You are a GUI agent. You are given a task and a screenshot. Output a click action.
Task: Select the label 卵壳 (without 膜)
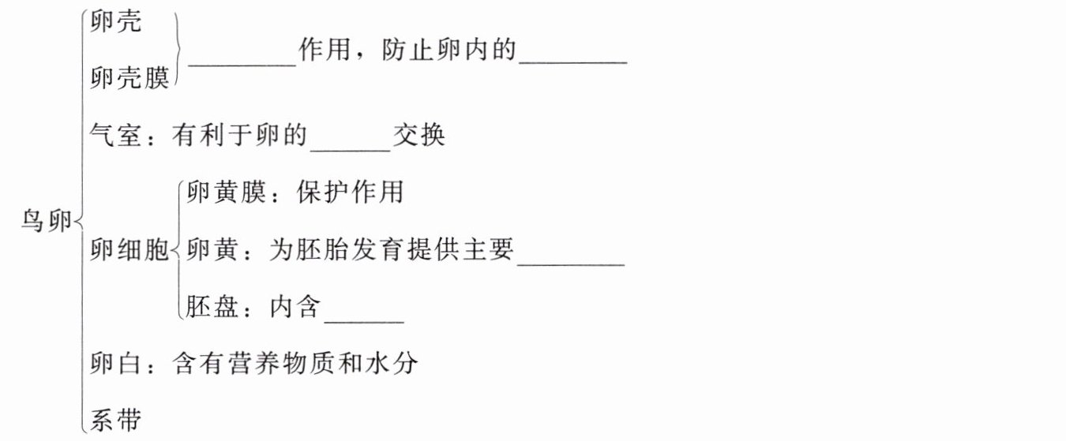pyautogui.click(x=116, y=22)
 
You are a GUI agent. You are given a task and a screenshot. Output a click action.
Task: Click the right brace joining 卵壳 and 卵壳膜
pyautogui.click(x=181, y=51)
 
